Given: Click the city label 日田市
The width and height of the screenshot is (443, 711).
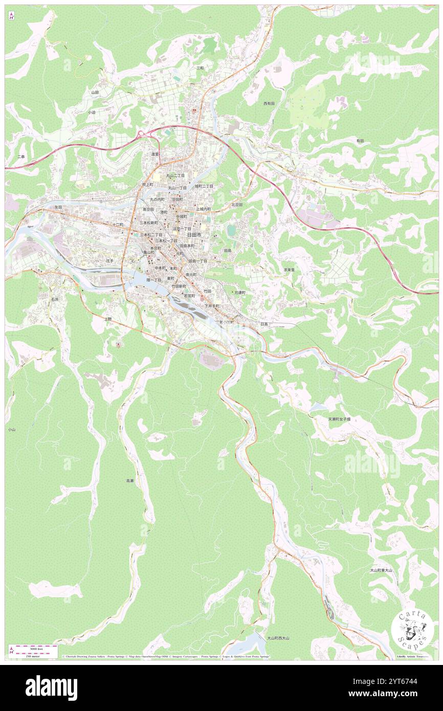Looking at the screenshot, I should pos(194,234).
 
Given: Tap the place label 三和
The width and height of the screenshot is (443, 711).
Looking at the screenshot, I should pos(200,68).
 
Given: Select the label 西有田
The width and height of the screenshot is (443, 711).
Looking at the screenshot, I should pos(269,103).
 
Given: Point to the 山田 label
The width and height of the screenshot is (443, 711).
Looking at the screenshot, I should pos(95,93).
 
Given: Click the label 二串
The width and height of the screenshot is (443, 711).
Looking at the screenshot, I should pos(21,157).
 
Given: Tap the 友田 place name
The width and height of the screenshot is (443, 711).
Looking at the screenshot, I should pos(58,207).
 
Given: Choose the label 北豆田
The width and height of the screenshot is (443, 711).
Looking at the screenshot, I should pos(236,204).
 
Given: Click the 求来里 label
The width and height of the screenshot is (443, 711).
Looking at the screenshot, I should pos(290,270).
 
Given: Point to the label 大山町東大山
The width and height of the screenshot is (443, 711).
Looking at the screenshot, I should pos(381,570).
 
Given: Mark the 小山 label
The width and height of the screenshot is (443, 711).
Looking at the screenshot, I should pos(12,430).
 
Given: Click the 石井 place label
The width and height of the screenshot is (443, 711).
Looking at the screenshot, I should pos(55,299).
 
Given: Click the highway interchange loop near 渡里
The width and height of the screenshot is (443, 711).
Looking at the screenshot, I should pos(143,135).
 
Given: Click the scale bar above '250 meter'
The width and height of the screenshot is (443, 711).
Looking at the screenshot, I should pos(33,647).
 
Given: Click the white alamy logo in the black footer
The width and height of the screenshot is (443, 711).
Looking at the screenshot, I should pos(51,688).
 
